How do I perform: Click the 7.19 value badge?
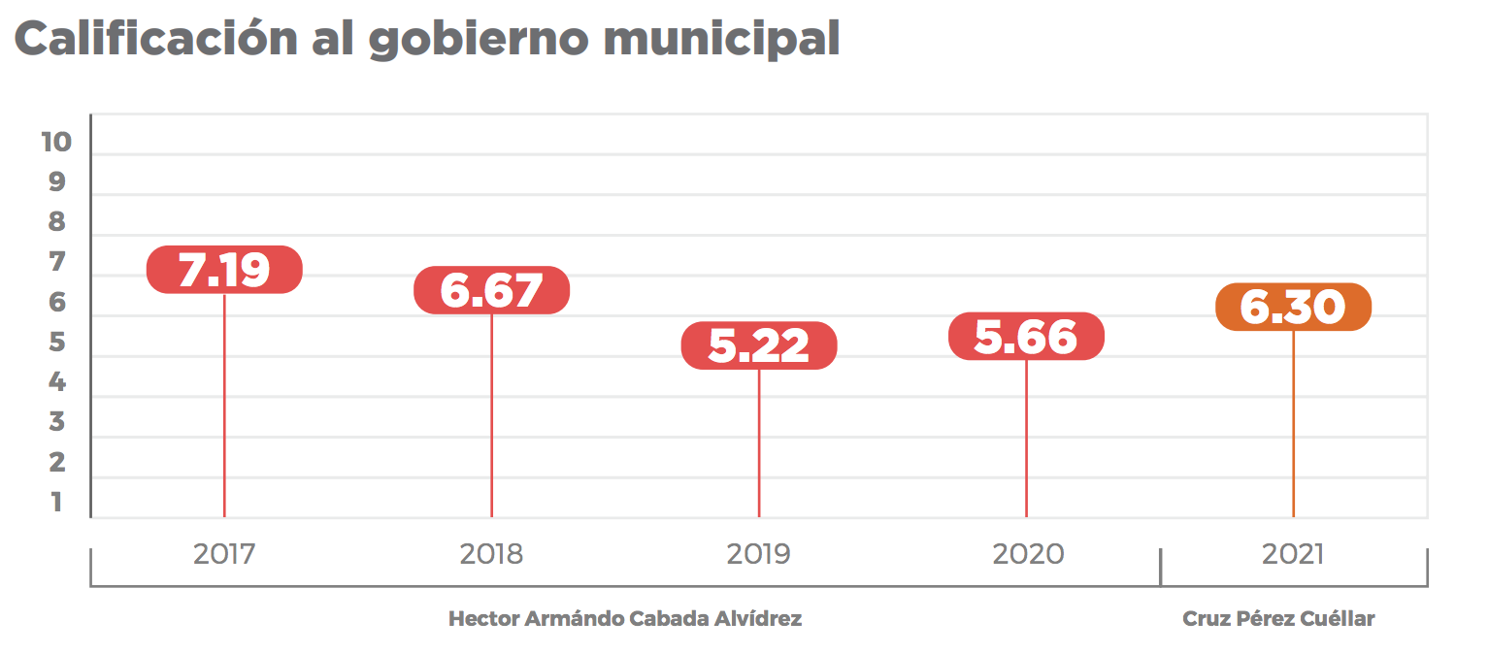pyautogui.click(x=224, y=270)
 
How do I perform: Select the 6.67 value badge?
pyautogui.click(x=491, y=290)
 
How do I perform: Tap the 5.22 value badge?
pyautogui.click(x=758, y=345)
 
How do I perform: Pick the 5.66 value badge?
pyautogui.click(x=1026, y=337)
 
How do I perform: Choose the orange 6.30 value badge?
pyautogui.click(x=1293, y=308)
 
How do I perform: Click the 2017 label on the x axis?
pyautogui.click(x=224, y=554)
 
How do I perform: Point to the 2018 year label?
pyautogui.click(x=491, y=554)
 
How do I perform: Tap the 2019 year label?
pyautogui.click(x=758, y=554)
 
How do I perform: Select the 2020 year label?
pyautogui.click(x=1028, y=554)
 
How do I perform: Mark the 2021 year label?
pyautogui.click(x=1293, y=554)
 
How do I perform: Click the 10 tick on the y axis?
pyautogui.click(x=56, y=142)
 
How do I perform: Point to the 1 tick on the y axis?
pyautogui.click(x=56, y=502)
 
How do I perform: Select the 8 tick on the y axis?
pyautogui.click(x=56, y=222)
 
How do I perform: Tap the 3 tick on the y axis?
pyautogui.click(x=56, y=422)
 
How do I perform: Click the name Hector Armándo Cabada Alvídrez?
pyautogui.click(x=625, y=619)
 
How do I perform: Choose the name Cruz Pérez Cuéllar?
pyautogui.click(x=1278, y=619)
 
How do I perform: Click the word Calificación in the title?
pyautogui.click(x=155, y=39)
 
